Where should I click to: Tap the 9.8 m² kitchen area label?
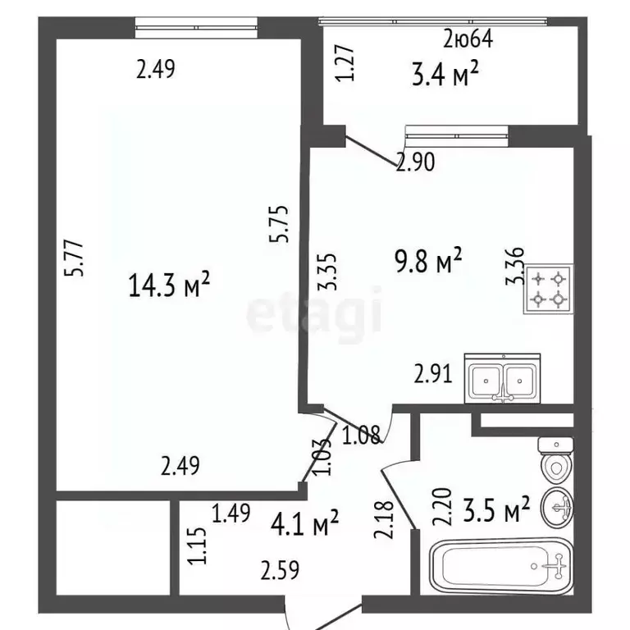point(428,263)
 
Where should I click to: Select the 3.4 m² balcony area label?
point(444,76)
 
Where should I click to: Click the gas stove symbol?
point(549,290)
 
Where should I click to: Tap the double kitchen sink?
point(503,378)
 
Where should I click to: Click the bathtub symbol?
point(503,566)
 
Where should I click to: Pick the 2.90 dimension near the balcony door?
point(415,163)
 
